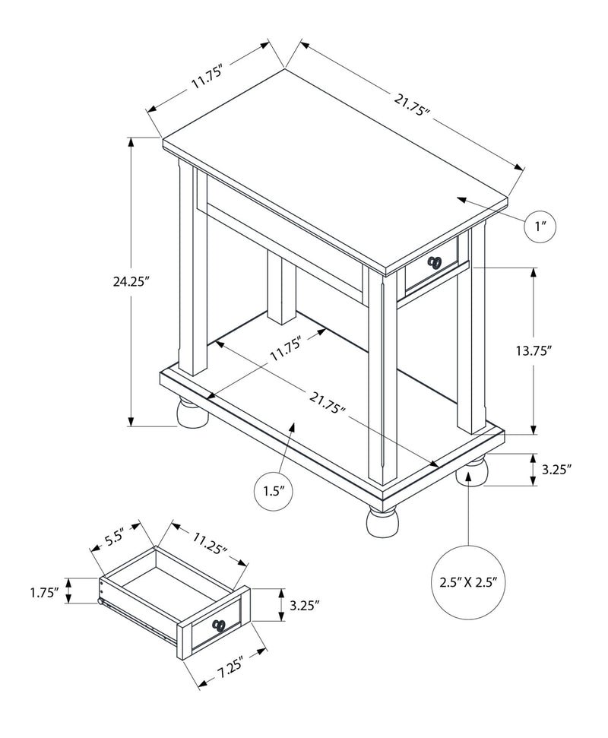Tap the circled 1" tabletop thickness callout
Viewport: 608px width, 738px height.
[541, 226]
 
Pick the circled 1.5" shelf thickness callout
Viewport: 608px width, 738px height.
[272, 491]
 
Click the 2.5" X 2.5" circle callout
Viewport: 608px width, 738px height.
[468, 583]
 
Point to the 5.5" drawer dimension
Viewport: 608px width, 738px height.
[114, 538]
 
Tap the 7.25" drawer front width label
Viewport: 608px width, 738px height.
[228, 670]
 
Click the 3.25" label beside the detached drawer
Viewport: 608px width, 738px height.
[304, 605]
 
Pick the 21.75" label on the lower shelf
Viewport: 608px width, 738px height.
[328, 404]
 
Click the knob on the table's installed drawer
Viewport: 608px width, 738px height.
[435, 262]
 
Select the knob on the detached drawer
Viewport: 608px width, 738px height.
[220, 625]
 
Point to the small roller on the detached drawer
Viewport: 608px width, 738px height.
[100, 603]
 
